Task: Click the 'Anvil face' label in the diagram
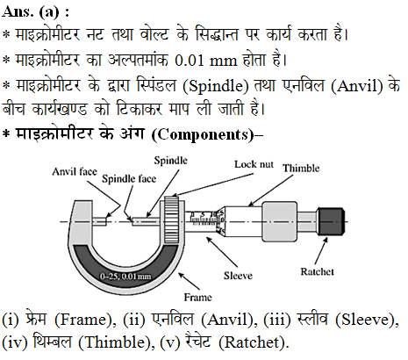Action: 75,171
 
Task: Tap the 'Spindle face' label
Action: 129,178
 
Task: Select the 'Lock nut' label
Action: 254,164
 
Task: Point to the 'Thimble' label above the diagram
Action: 301,168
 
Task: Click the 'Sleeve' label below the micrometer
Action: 238,276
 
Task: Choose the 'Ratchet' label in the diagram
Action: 317,271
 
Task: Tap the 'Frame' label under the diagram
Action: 197,298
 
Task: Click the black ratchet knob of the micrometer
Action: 331,221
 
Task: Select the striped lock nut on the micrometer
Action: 171,220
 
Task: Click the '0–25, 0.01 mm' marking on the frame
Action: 125,276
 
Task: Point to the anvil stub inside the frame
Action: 99,221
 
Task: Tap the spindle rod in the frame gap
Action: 146,221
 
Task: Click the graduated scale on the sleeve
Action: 204,219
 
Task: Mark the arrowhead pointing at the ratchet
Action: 326,241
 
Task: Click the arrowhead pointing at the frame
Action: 183,276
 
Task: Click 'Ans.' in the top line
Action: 18,11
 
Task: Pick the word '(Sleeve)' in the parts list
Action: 367,320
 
